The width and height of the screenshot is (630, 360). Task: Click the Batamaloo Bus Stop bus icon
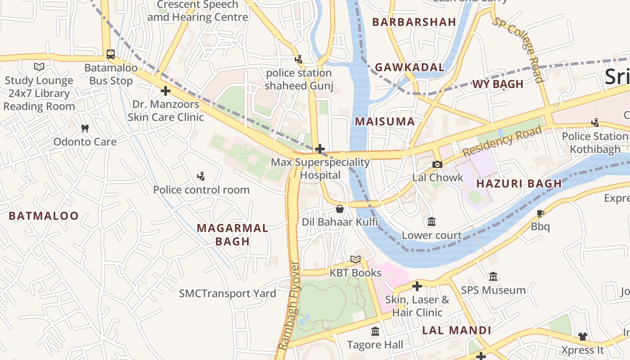(111, 54)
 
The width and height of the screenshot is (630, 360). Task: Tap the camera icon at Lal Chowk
(437, 164)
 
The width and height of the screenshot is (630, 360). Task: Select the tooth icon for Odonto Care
(85, 129)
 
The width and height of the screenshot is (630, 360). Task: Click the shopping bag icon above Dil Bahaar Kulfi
(340, 209)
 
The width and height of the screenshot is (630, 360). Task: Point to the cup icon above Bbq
(540, 213)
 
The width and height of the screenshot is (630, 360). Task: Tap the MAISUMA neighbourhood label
(385, 121)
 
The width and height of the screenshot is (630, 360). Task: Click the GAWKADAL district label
(409, 67)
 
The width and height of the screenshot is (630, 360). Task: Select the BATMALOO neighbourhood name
(44, 216)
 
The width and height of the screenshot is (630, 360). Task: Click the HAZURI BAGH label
(519, 184)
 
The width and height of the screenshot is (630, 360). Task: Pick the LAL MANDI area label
(456, 330)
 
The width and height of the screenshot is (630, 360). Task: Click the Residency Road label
(502, 141)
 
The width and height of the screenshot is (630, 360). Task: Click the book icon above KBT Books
(355, 260)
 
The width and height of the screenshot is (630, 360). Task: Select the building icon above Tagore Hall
(375, 332)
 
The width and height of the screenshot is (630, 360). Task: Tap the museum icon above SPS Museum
(493, 277)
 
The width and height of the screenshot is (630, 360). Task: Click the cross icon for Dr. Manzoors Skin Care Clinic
(166, 91)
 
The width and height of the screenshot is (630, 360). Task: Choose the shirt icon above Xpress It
(583, 336)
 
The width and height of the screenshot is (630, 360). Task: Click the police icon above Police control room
(201, 176)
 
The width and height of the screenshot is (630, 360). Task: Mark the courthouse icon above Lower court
(432, 222)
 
